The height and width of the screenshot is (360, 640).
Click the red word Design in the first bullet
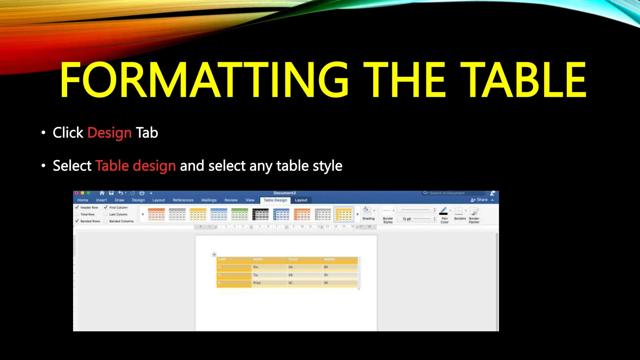tap(109, 133)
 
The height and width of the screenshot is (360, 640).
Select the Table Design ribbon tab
tap(275, 200)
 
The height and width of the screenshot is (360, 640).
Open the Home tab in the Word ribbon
tap(83, 200)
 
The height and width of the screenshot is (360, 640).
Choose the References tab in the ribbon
tap(183, 200)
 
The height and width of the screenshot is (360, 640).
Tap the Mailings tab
tap(209, 200)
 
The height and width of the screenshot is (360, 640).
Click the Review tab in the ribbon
tap(231, 200)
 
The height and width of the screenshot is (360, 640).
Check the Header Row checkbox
tap(77, 207)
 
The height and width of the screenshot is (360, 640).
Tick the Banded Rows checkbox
tap(77, 221)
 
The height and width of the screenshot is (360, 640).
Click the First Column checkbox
tap(106, 207)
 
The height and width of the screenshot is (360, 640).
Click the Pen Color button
tap(444, 215)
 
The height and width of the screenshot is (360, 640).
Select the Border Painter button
tap(474, 215)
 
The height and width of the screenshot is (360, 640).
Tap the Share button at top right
tap(480, 200)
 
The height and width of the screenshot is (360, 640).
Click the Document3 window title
tap(284, 193)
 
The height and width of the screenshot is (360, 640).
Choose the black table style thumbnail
tap(260, 215)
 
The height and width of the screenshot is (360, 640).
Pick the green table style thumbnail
tap(240, 215)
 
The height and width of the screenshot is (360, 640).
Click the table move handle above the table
tap(214, 255)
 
